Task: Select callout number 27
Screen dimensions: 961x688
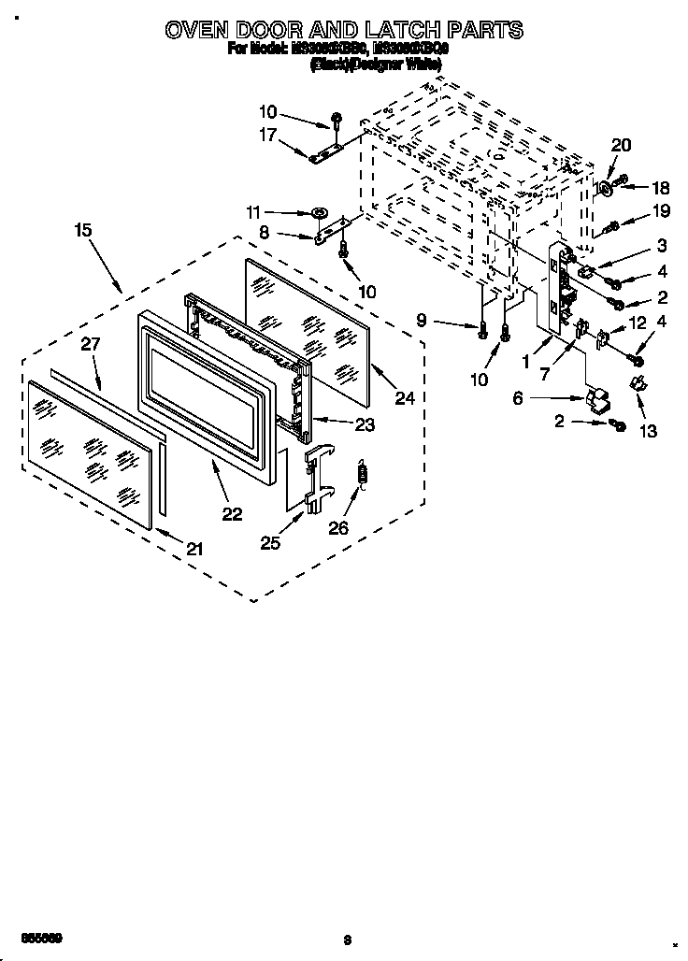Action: coord(90,344)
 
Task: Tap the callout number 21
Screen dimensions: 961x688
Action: coord(193,549)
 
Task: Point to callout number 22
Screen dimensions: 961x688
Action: coord(232,513)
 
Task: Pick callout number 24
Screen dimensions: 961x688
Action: coord(404,398)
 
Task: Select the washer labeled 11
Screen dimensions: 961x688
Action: coord(321,212)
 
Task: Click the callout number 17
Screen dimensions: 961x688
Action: coord(267,135)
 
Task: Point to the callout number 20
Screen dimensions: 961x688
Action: coord(621,145)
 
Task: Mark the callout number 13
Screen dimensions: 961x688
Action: coord(647,431)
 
